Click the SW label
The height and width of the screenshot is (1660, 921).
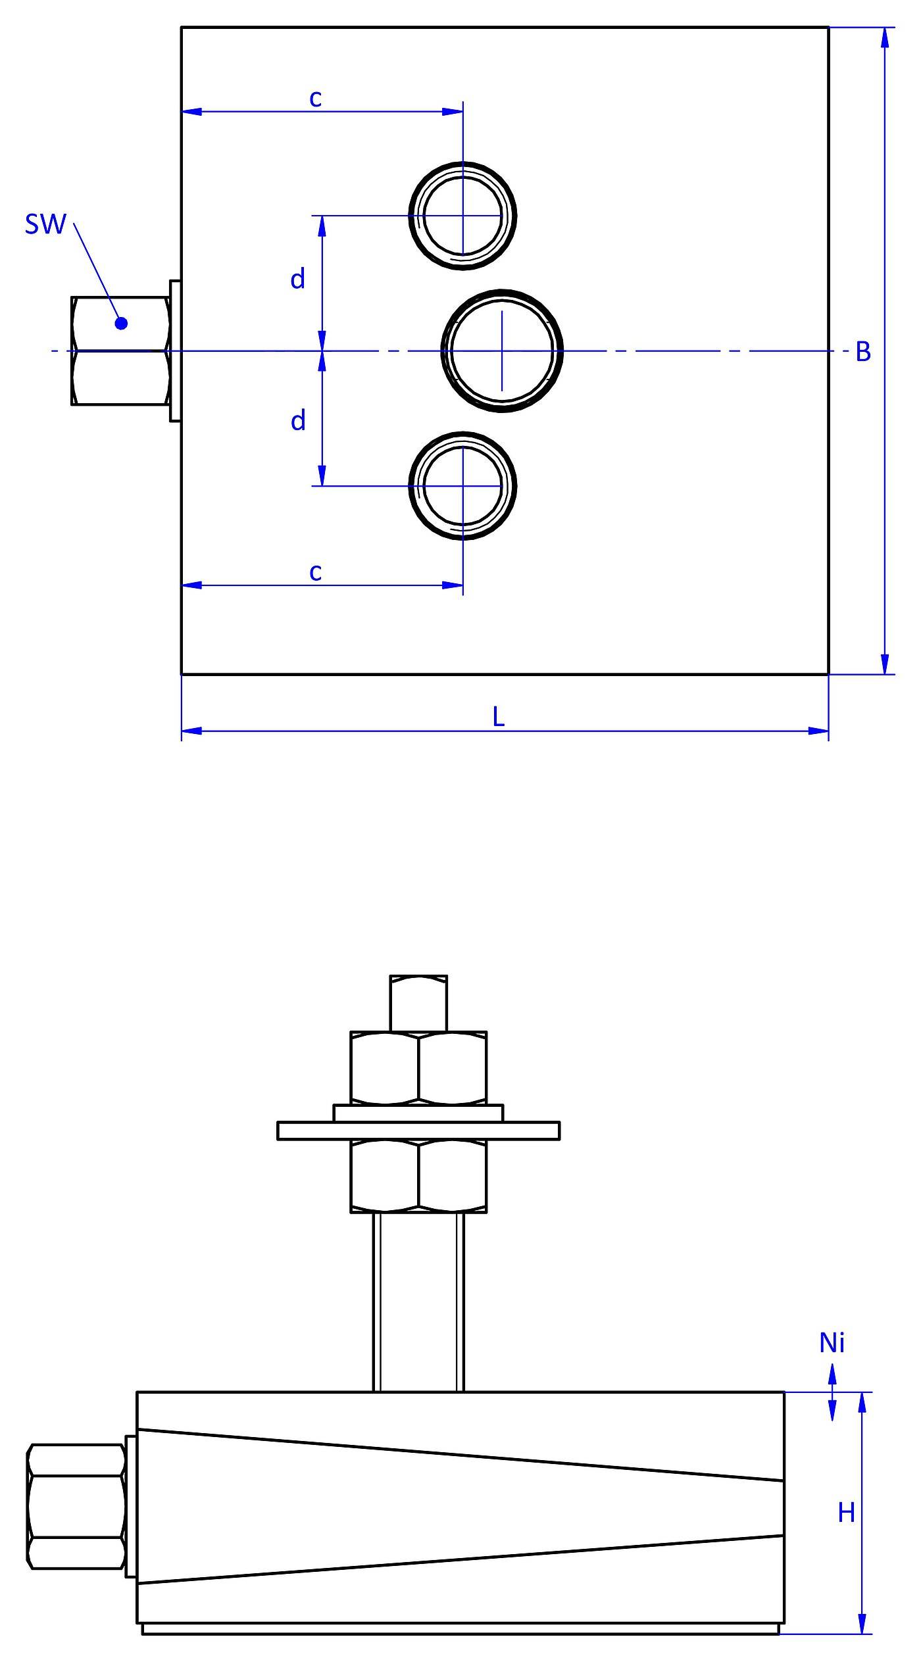click(45, 224)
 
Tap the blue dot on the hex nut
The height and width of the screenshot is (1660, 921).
click(121, 323)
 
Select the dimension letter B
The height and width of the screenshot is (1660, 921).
click(863, 352)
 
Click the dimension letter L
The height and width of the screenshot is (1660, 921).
click(498, 717)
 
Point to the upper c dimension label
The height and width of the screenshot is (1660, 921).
click(316, 99)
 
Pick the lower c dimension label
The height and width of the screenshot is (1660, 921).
click(316, 572)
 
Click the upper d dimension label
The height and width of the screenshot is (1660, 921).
click(298, 279)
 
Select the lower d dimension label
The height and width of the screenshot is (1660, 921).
click(298, 420)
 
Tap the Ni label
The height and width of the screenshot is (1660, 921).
click(832, 1343)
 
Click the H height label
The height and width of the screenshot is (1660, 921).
click(846, 1513)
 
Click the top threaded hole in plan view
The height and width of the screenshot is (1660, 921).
click(462, 216)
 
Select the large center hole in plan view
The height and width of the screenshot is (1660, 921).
click(502, 351)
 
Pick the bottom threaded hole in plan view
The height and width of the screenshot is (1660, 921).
click(462, 486)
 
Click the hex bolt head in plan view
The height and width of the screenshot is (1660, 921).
click(120, 351)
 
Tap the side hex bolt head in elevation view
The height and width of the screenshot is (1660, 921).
click(76, 1506)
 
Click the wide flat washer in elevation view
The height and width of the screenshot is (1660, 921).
click(418, 1131)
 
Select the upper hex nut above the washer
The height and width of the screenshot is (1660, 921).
click(418, 1068)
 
